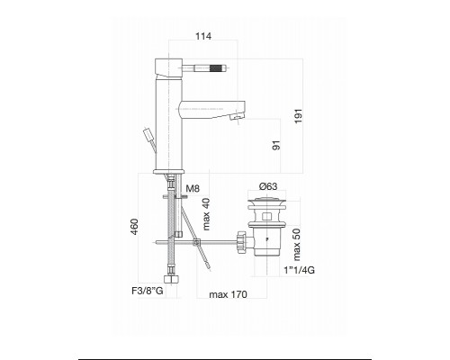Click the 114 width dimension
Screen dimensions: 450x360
coord(203,36)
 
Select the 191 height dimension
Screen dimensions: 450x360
coord(299,116)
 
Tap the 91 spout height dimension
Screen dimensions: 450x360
coord(276,145)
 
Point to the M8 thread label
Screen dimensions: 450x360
coord(193,189)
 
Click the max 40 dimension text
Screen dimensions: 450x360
coord(206,214)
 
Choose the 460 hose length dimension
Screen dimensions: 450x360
coord(134,227)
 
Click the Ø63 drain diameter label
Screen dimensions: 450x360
coord(268,186)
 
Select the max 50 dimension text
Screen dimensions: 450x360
coord(296,245)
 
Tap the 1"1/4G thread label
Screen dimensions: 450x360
coord(300,270)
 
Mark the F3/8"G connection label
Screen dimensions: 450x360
coord(148,291)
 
